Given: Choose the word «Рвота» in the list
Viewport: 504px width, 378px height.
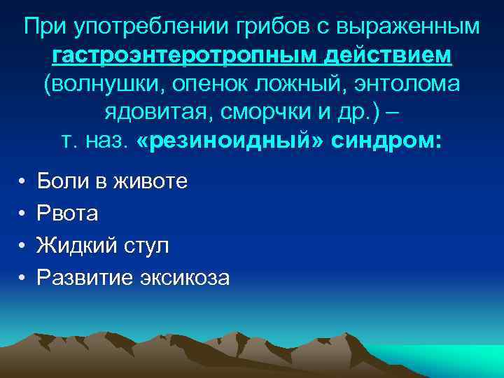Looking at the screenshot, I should (68, 214).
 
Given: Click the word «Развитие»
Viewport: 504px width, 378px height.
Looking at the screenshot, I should (81, 278).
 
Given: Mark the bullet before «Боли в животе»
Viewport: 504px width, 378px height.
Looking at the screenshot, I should (22, 183).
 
